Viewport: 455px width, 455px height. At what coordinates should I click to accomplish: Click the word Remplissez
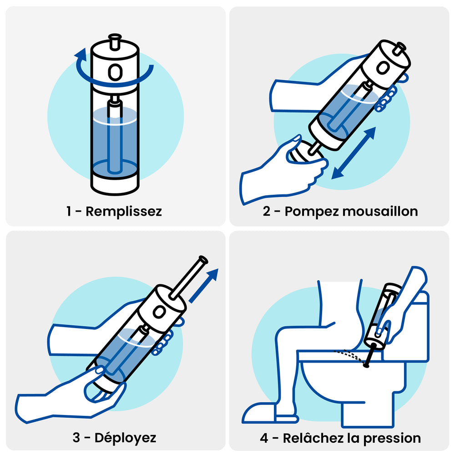tap(124, 212)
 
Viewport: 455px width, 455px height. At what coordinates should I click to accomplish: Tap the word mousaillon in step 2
tap(380, 211)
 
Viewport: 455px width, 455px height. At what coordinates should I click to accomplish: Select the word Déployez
tap(126, 438)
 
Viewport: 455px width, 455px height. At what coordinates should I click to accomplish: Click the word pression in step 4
tap(392, 438)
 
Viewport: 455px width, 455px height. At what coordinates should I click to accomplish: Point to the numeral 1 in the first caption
tap(69, 211)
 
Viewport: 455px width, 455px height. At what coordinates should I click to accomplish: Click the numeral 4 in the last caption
tap(264, 438)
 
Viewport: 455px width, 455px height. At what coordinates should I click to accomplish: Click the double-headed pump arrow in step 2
tap(354, 153)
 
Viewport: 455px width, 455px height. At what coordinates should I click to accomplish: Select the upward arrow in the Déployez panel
tap(204, 286)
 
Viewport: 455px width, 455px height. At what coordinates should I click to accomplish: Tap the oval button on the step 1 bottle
tap(115, 72)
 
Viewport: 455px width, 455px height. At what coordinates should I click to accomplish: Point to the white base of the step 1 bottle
tap(115, 184)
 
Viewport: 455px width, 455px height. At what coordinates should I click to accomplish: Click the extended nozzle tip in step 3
tap(203, 259)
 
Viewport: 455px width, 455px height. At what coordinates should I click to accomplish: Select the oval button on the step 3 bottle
tap(159, 312)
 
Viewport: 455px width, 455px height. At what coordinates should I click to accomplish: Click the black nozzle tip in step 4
tap(366, 365)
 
